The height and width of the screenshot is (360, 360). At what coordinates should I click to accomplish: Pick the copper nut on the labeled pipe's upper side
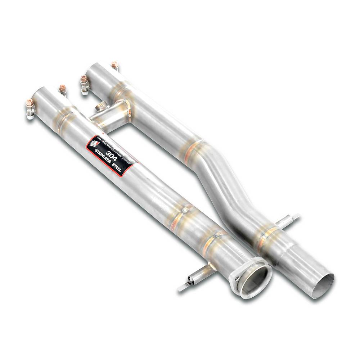(63, 88)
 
